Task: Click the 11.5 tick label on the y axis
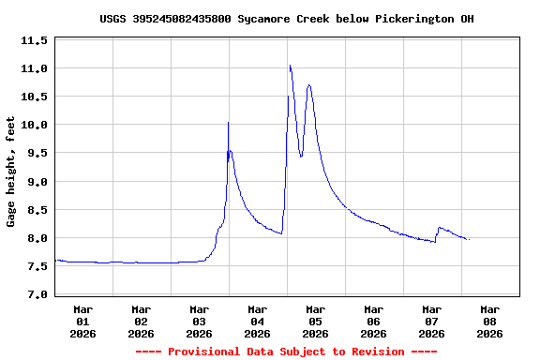click(x=34, y=40)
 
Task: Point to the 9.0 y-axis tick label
click(x=34, y=181)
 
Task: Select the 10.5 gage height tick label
click(x=34, y=97)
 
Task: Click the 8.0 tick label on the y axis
click(x=34, y=238)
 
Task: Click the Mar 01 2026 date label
click(x=82, y=321)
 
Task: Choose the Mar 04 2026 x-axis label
click(x=257, y=321)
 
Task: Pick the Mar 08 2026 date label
click(x=489, y=321)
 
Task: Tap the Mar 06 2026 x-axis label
click(x=373, y=321)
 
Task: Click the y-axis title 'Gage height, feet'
click(x=11, y=172)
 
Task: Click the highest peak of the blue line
click(x=291, y=66)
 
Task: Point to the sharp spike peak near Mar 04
click(x=228, y=123)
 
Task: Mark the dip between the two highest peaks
click(x=301, y=157)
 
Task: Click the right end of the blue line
click(x=468, y=240)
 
